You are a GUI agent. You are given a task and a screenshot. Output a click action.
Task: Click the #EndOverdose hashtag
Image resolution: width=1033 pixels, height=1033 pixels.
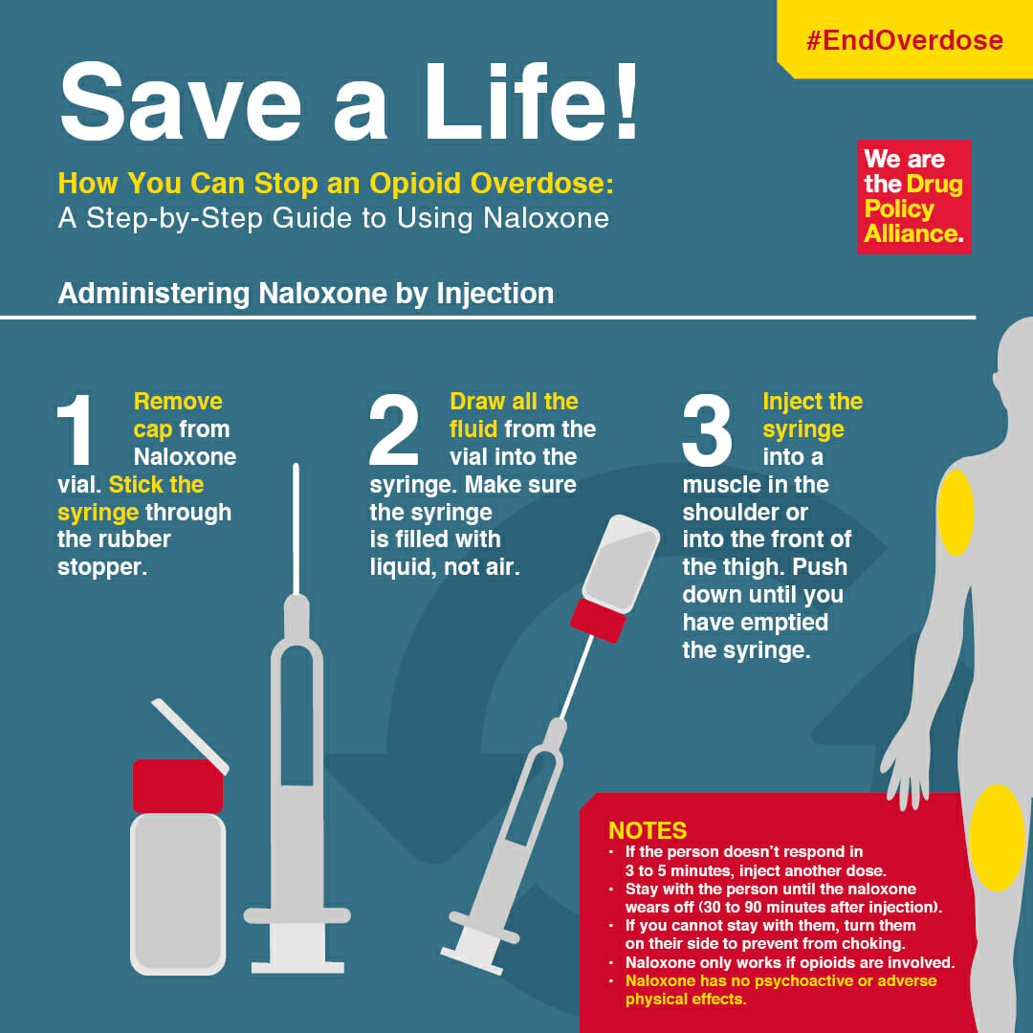pos(904,40)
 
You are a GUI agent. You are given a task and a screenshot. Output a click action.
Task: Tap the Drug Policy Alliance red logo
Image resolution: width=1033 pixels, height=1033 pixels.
pos(912,197)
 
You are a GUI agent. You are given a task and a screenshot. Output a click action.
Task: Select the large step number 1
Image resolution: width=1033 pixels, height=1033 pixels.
pos(78,431)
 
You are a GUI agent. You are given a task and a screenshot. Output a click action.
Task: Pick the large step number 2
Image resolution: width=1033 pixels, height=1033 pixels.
pos(394,431)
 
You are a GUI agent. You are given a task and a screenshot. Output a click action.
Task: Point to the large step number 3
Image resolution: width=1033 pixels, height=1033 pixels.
pos(708,431)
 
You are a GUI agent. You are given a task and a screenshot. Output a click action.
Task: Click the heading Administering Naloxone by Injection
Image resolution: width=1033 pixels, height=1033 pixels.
pos(306,293)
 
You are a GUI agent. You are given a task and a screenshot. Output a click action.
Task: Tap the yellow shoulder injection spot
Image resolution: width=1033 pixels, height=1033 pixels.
pos(955,513)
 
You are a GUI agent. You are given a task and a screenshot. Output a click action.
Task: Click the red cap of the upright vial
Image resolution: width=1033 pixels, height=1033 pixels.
pos(178,785)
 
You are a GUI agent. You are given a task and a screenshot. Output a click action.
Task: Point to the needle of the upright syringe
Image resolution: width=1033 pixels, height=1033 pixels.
pos(297,526)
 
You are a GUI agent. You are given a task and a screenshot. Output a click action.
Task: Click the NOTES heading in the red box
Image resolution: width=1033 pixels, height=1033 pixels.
pos(648,830)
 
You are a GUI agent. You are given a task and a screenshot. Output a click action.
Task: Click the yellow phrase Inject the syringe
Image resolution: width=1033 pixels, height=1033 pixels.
pos(812,414)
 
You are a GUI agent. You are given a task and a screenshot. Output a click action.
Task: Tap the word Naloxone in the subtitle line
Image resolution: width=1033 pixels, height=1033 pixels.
pos(545,217)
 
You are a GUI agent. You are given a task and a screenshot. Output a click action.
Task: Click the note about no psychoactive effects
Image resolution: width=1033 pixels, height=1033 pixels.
pos(780,990)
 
